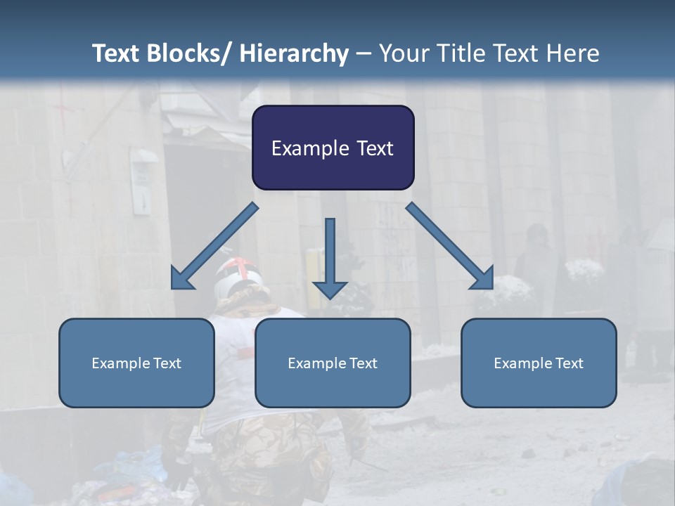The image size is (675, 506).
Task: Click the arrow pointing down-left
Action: point(214,246)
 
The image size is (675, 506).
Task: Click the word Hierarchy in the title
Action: point(294,53)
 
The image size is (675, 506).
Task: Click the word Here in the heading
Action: point(574,53)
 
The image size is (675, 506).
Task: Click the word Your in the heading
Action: point(403,53)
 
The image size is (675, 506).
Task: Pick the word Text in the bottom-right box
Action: point(569,363)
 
